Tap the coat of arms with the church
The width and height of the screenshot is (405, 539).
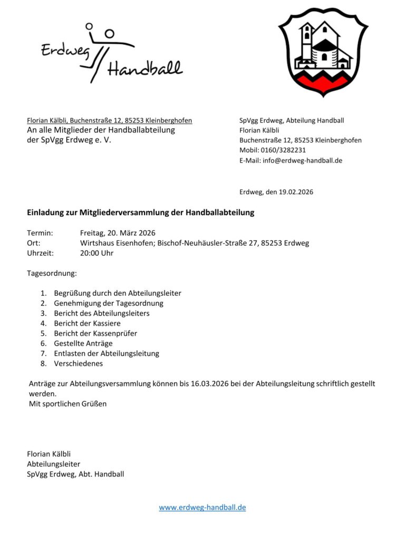pos(323,52)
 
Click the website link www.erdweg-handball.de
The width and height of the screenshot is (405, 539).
pos(202,507)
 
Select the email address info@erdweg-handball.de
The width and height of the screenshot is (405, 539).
pos(302,161)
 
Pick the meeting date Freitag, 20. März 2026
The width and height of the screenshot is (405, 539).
pos(118,233)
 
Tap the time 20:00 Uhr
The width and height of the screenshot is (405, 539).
pos(97,253)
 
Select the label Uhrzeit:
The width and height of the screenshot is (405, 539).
pos(40,253)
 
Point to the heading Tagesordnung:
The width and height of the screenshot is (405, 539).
pos(52,274)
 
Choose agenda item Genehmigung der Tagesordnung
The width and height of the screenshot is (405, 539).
pos(108,303)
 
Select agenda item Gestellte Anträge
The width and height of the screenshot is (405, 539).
pos(83,343)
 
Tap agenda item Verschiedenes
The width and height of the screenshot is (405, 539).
pos(78,363)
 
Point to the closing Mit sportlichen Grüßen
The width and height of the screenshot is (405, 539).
pos(67,404)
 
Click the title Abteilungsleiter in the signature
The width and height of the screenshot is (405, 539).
pos(53,464)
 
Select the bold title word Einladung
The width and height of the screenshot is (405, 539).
pos(45,213)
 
